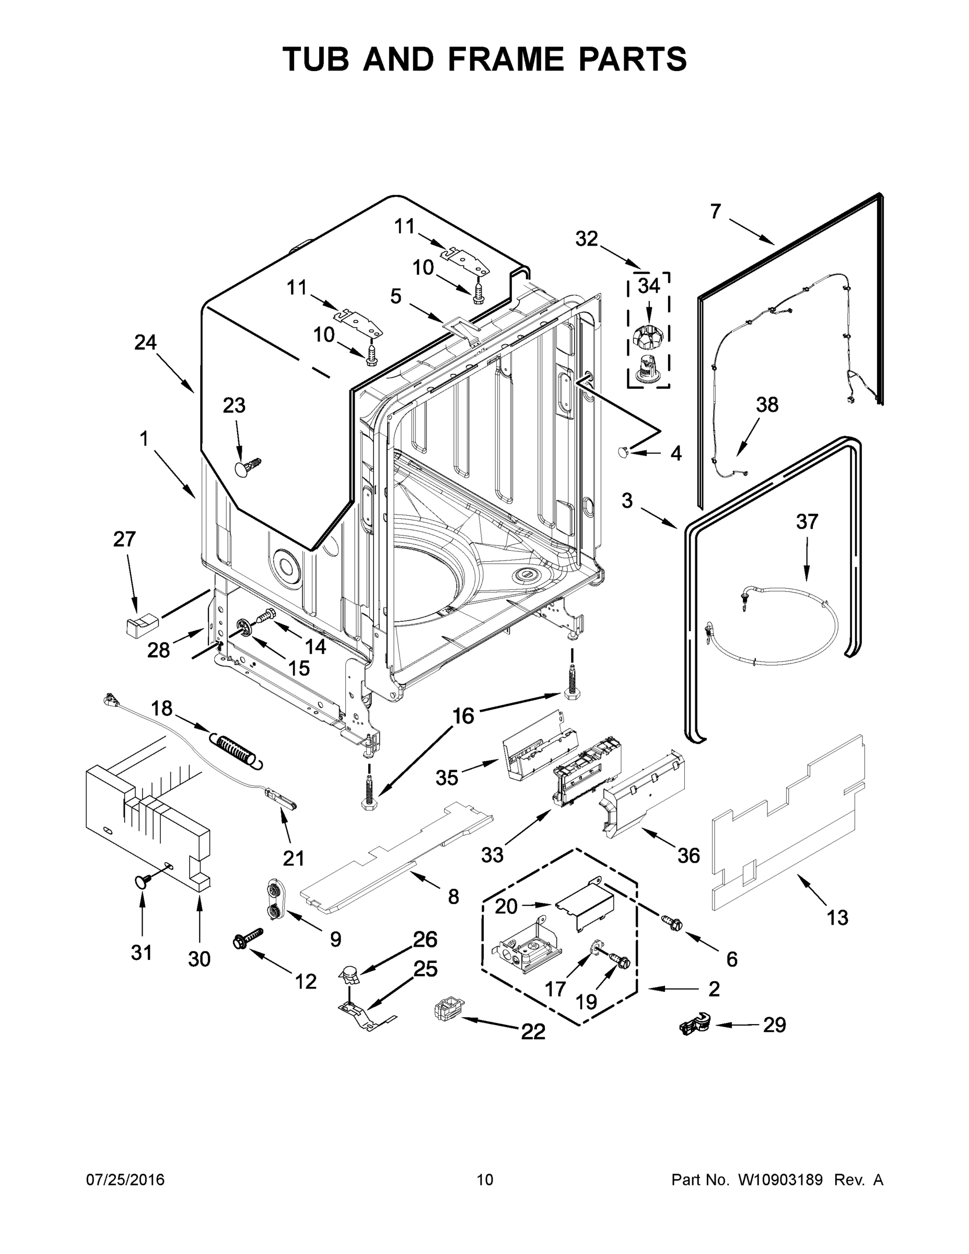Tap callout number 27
click(x=124, y=539)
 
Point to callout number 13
click(x=837, y=918)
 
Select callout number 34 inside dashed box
click(x=649, y=285)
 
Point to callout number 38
click(x=767, y=405)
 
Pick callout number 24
click(x=145, y=343)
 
